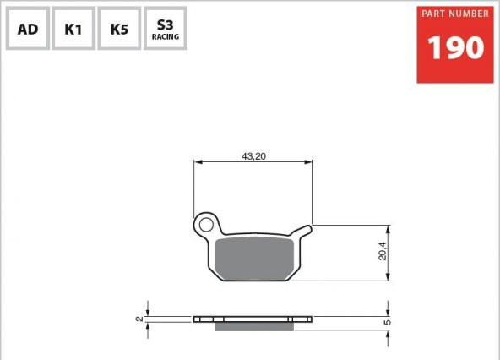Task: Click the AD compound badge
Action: [x=28, y=28]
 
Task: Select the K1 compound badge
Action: [x=73, y=28]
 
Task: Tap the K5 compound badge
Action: [x=119, y=28]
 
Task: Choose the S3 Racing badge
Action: [x=166, y=28]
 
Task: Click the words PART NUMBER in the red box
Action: [x=455, y=14]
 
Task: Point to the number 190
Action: [x=456, y=47]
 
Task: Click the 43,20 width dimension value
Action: [x=254, y=156]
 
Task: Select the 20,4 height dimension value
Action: [x=383, y=251]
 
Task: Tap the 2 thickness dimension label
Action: [x=139, y=319]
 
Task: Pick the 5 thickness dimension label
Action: [x=387, y=322]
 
